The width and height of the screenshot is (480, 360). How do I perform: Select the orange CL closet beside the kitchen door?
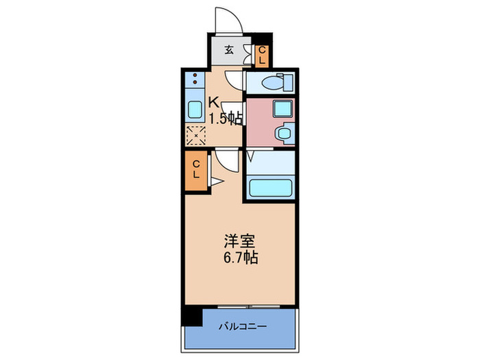click(x=195, y=169)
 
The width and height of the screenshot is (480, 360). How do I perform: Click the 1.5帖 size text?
click(x=224, y=119)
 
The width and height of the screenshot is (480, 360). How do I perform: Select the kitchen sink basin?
click(x=195, y=109)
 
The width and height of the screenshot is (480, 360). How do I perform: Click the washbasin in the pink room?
click(x=282, y=132)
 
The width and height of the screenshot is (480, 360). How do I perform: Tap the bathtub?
click(x=270, y=188)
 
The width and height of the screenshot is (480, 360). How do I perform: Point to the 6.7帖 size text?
click(x=239, y=259)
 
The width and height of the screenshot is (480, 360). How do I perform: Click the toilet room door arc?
click(x=234, y=82)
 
